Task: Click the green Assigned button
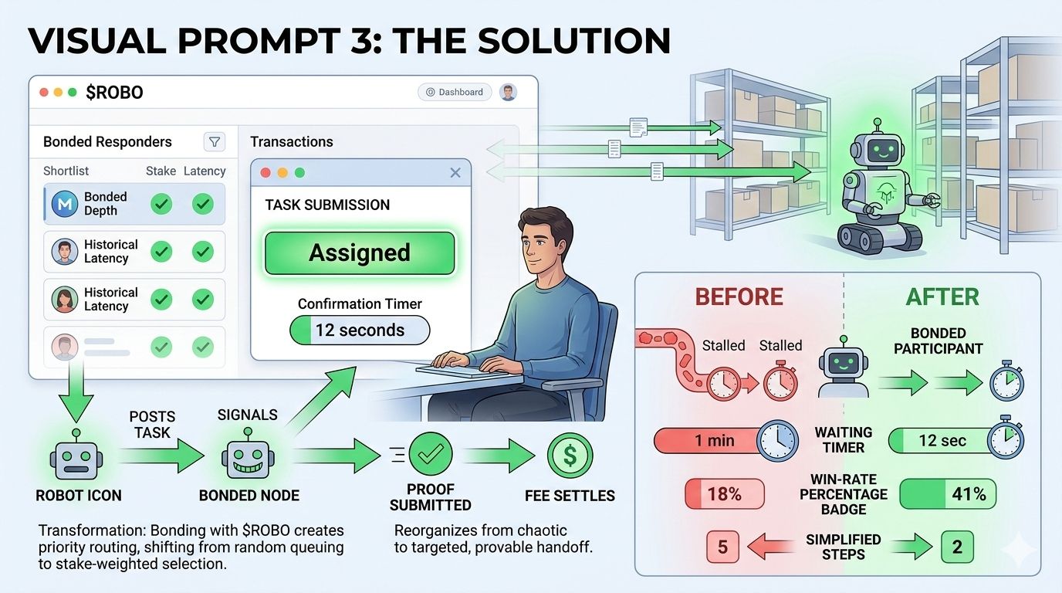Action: (x=360, y=253)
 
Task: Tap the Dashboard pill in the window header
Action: (x=455, y=92)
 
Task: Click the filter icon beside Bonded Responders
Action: (x=215, y=141)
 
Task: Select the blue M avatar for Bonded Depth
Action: (x=65, y=204)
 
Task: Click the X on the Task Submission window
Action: (x=455, y=173)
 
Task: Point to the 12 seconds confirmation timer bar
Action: (x=360, y=330)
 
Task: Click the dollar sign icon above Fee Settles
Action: (x=570, y=456)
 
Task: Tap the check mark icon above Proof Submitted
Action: (x=430, y=456)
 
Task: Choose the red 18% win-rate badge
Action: (x=724, y=494)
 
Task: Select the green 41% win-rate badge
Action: (x=948, y=494)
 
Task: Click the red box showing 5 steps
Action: (x=723, y=547)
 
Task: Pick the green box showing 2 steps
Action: (x=957, y=547)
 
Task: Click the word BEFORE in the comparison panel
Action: (x=739, y=296)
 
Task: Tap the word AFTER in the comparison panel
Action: (x=942, y=296)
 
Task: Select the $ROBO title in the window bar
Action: (x=114, y=93)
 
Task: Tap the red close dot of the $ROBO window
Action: (x=43, y=93)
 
